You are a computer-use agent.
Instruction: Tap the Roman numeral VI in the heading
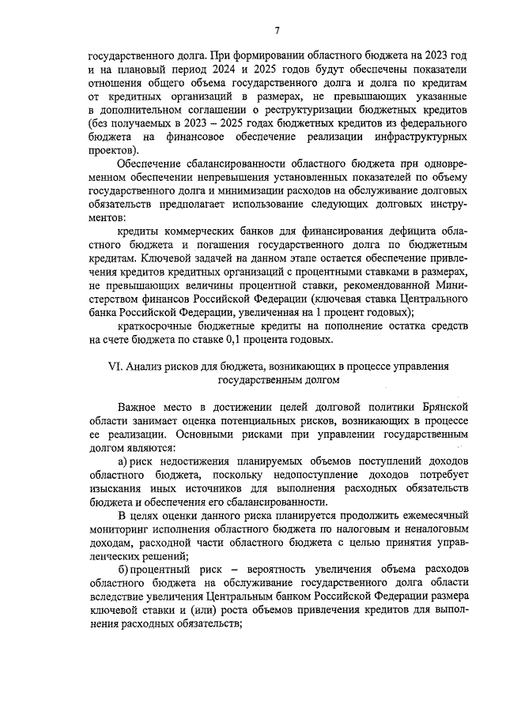(x=113, y=367)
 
